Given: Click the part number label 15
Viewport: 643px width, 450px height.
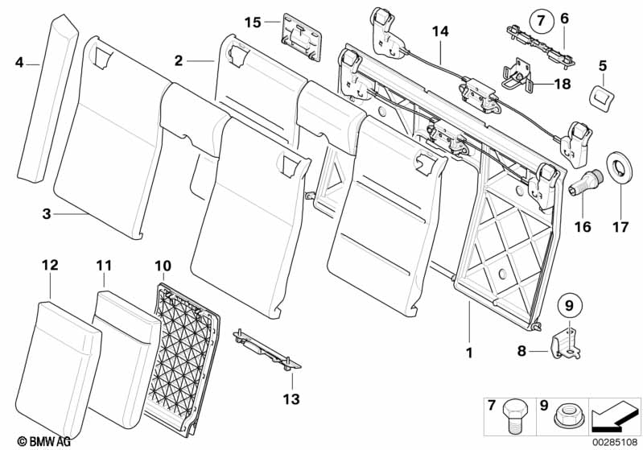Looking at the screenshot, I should click(x=253, y=23).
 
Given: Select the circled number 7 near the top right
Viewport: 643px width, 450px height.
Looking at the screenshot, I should click(x=541, y=18).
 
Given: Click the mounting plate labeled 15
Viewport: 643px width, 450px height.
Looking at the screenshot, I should click(x=302, y=37).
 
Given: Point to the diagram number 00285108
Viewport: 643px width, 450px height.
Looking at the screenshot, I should click(x=615, y=441).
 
